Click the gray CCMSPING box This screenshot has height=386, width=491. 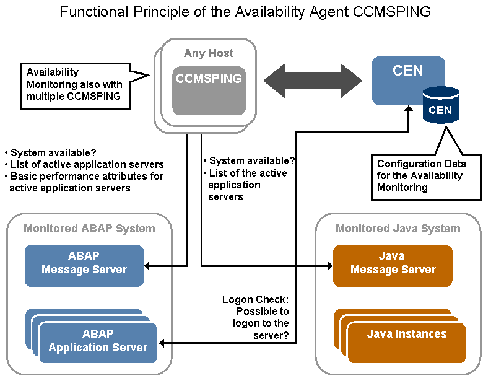pos(209,90)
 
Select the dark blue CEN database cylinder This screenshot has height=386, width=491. pos(441,105)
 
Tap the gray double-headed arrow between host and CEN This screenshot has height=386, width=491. pos(313,81)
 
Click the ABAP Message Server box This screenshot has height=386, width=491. pos(84,266)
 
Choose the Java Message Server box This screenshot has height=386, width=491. pos(393,266)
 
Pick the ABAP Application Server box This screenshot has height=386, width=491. pos(98,343)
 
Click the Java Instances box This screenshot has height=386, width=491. pos(406,343)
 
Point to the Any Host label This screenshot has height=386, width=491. pos(209,53)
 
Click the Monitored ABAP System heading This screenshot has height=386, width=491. pos(90,229)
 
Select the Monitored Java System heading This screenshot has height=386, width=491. pos(398,229)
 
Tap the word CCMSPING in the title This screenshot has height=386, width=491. pos(392,12)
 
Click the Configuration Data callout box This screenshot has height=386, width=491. pos(426,177)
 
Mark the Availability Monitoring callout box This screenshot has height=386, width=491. pos(75,86)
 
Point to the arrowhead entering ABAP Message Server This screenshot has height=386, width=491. pos(147,266)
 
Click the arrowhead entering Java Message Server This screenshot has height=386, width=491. pos(330,266)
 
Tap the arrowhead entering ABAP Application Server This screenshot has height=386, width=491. pos(162,343)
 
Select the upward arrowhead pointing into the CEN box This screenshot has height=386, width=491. pos(408,108)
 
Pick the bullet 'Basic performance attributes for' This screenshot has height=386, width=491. pos(84,176)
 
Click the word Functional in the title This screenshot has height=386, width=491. pos(94,12)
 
